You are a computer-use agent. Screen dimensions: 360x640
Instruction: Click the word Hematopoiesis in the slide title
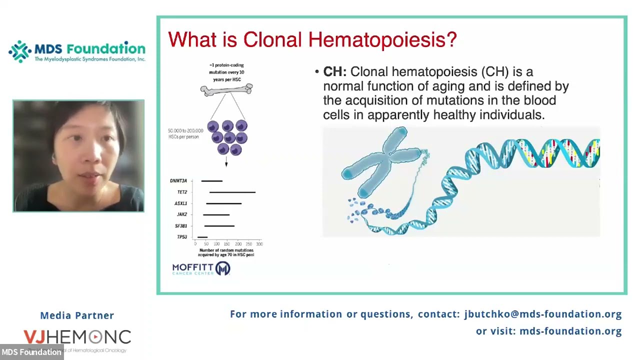382,39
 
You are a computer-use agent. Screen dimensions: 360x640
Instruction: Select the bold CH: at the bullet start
334,72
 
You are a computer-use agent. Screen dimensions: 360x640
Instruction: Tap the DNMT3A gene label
178,181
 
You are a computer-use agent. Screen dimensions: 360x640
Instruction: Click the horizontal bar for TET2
232,192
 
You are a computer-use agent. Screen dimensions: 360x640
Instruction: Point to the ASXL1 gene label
180,203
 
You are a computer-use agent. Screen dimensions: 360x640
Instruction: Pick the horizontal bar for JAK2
216,214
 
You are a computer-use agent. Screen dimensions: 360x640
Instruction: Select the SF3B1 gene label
180,226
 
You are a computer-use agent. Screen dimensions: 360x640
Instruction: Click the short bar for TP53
202,237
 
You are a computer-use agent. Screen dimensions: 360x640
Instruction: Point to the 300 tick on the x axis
259,244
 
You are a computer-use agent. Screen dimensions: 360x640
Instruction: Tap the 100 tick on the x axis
216,244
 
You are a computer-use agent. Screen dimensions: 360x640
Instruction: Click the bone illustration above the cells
226,90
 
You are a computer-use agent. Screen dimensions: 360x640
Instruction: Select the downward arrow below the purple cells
226,162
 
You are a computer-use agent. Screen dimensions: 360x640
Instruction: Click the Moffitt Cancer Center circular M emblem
222,268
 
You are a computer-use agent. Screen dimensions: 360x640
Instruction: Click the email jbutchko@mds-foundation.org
542,314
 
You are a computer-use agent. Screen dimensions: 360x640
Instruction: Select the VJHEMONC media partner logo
77,337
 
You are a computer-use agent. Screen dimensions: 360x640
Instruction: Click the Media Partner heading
77,315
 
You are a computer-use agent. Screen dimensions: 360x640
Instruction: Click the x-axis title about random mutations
226,252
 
